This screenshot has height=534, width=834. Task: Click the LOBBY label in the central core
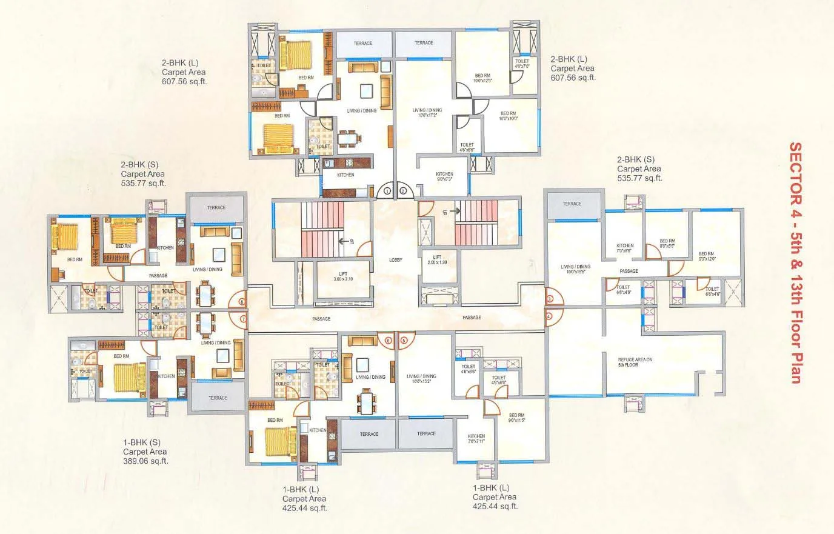(x=395, y=260)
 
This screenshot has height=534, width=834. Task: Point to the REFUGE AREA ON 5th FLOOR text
(x=635, y=362)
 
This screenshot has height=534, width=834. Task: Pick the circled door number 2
(x=403, y=191)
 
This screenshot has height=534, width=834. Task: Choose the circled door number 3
(x=549, y=299)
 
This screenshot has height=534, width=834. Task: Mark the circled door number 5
(x=404, y=341)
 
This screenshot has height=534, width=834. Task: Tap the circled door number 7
(x=243, y=318)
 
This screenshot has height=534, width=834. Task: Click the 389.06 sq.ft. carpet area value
(x=145, y=461)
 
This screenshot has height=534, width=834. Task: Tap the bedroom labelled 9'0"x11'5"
(x=516, y=418)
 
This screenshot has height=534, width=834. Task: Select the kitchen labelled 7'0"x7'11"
(x=476, y=439)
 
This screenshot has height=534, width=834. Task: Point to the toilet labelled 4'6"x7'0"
(x=522, y=64)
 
